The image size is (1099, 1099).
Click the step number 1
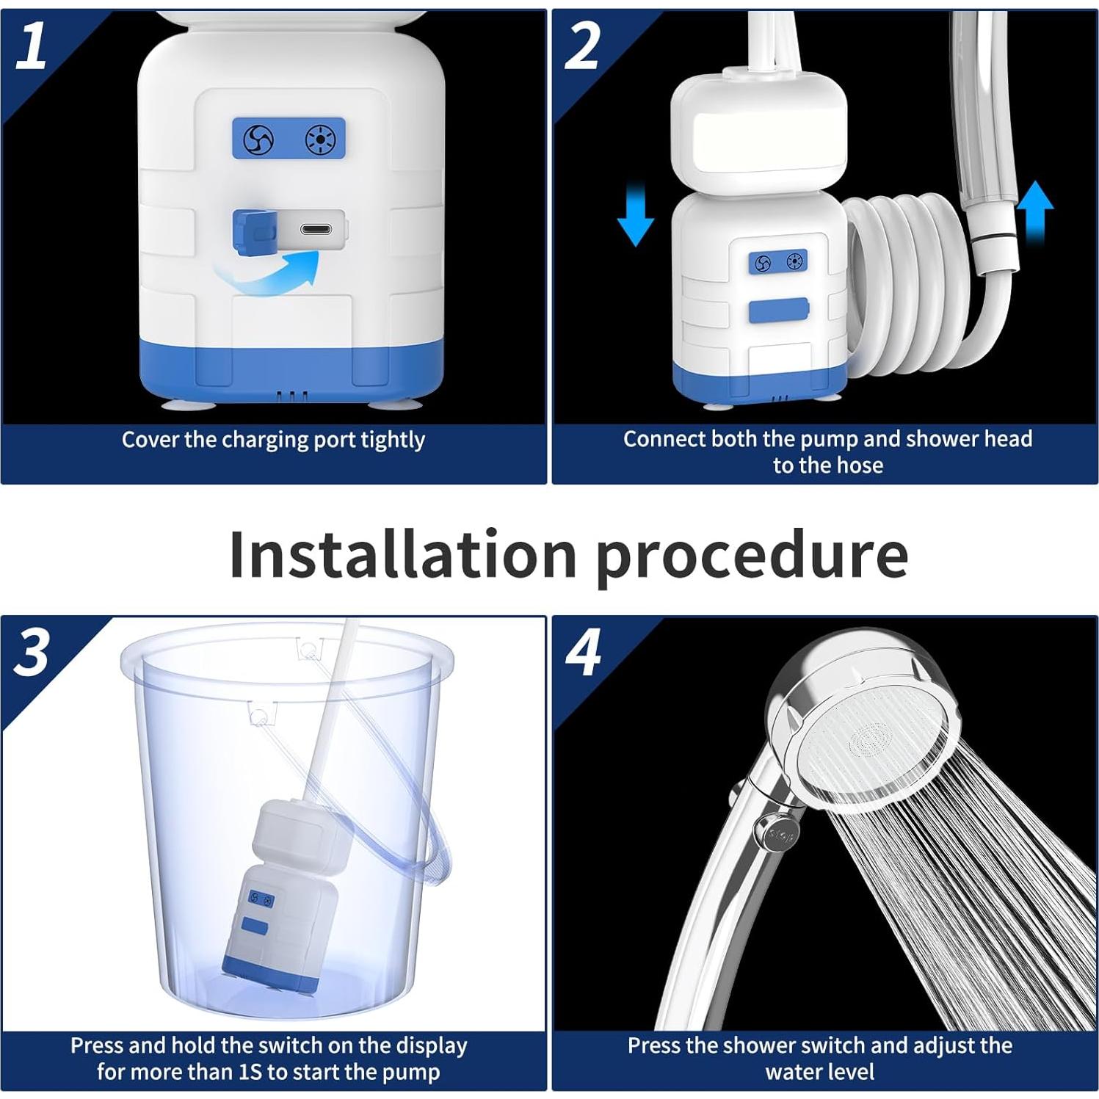pyautogui.click(x=31, y=46)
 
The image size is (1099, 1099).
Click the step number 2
pyautogui.click(x=582, y=46)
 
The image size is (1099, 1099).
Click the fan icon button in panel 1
pyautogui.click(x=258, y=138)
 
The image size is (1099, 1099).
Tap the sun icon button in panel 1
pyautogui.click(x=319, y=139)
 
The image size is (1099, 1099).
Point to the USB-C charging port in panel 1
pyautogui.click(x=316, y=230)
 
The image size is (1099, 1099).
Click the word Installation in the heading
pyautogui.click(x=402, y=554)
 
